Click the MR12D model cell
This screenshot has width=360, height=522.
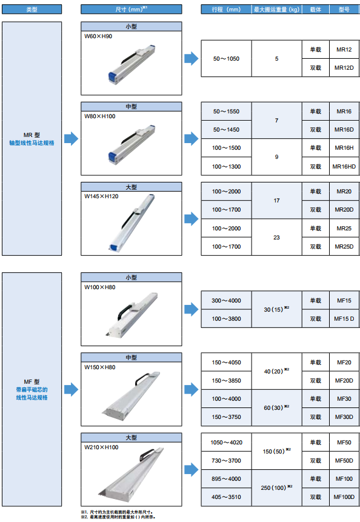coord(344,67)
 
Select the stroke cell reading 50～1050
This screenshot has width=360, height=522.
coord(226,59)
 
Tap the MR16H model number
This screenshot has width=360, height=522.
coord(344,148)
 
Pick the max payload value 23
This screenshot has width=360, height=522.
coord(276,238)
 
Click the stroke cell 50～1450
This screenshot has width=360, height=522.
coord(226,130)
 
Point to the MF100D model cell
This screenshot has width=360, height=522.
coord(344,497)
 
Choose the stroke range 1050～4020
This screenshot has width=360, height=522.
coord(226,443)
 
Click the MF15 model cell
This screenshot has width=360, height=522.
coord(344,301)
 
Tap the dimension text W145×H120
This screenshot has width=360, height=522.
coord(101,196)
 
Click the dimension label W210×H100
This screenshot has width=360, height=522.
coord(101,447)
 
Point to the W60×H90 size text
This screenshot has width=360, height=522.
coord(98,36)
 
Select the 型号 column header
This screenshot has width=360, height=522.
coord(344,9)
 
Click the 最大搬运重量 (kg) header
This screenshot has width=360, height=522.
coord(276,9)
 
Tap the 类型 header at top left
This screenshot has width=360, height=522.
coord(32,9)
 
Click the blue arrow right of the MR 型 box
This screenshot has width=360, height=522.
coord(71,138)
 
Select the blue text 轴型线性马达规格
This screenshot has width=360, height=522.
coord(32,143)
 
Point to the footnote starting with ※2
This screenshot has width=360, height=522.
coord(118,517)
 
